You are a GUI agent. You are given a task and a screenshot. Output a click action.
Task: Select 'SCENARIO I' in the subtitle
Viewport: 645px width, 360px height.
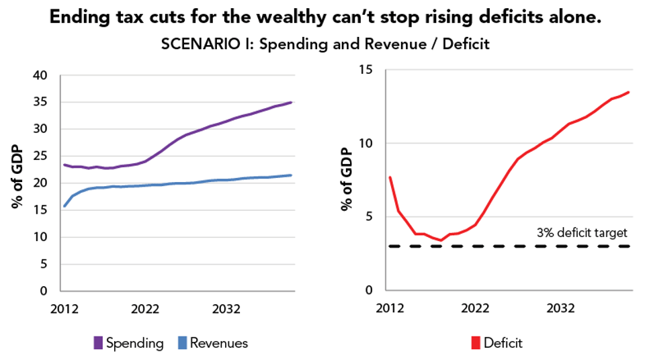[196, 44]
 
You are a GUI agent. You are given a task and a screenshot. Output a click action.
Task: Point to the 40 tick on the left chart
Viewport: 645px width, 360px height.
[40, 75]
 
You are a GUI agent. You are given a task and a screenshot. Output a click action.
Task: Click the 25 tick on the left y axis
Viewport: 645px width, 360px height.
[40, 156]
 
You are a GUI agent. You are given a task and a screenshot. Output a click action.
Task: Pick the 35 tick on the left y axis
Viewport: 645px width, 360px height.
[40, 102]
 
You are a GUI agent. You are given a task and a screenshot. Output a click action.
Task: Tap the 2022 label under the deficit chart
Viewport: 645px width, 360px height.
[475, 308]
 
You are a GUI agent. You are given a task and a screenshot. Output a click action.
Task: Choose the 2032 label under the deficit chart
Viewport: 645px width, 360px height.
[560, 308]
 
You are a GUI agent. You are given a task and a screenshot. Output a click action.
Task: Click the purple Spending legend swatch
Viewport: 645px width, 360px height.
[98, 343]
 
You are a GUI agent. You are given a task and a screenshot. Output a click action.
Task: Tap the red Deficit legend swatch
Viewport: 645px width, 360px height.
[476, 343]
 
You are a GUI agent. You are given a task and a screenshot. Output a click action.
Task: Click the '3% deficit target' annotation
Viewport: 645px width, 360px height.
[582, 233]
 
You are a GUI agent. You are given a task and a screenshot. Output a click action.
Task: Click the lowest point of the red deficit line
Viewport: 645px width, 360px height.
[441, 240]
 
